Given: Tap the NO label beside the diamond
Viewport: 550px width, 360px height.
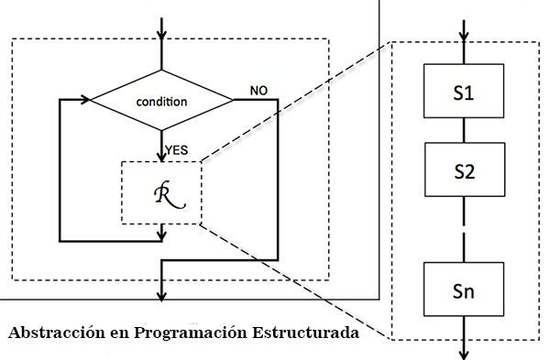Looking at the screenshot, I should click(x=258, y=90).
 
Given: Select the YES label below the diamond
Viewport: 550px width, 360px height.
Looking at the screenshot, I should click(x=178, y=147).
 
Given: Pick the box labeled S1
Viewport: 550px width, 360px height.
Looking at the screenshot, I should click(x=464, y=92).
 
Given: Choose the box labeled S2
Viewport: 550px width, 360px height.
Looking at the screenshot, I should click(x=464, y=171).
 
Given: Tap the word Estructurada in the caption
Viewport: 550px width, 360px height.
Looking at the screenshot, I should click(x=311, y=332).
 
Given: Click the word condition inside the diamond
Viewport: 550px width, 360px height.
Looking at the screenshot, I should click(x=162, y=100).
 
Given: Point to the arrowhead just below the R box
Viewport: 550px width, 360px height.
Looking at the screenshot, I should click(x=162, y=235).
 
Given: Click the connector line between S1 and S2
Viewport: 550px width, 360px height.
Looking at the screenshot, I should click(x=464, y=131).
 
